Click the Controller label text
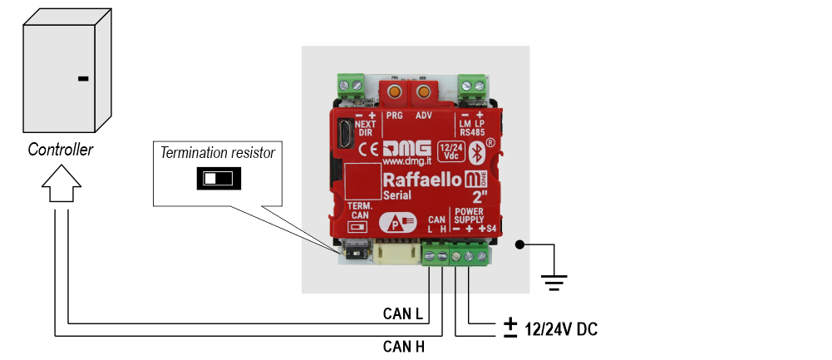tap(61, 150)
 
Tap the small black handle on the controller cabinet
tap(82, 80)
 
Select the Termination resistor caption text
tap(218, 153)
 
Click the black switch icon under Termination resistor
tap(219, 178)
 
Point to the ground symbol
tap(550, 280)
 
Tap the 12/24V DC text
tap(561, 330)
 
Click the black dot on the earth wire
tap(519, 244)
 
